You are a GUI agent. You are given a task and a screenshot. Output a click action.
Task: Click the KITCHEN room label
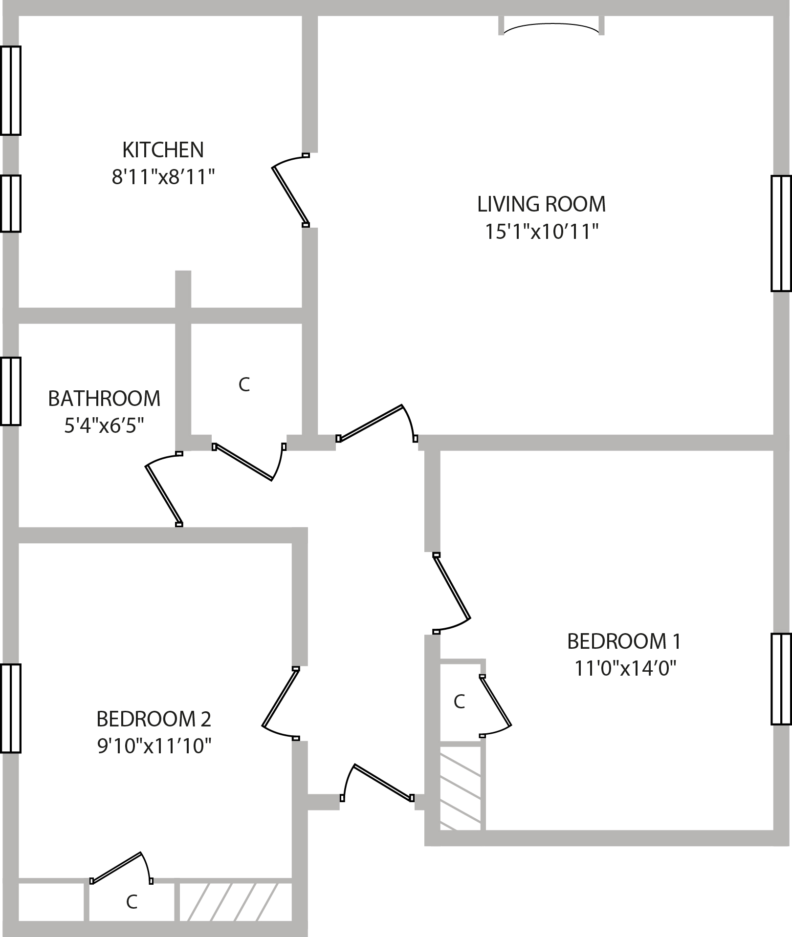coord(163,150)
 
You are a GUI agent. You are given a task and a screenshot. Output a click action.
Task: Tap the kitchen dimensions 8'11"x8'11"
coord(163,177)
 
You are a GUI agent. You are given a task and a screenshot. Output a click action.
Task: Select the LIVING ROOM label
coord(541,204)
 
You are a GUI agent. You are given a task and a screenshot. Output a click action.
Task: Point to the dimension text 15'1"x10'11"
coord(541,232)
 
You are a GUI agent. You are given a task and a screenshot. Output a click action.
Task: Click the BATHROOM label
coord(104,399)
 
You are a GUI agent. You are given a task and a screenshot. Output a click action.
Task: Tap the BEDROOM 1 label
coord(624,641)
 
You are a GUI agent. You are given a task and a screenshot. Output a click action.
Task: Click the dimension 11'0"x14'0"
coord(624,668)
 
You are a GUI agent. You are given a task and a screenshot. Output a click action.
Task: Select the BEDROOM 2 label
coord(154,719)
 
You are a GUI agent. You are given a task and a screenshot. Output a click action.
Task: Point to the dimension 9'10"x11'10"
coord(154,746)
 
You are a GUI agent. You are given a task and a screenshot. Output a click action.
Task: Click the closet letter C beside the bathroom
coord(244,385)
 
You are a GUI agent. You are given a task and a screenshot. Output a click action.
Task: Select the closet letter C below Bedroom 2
coord(131,902)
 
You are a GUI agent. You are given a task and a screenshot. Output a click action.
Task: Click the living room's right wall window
coord(781,234)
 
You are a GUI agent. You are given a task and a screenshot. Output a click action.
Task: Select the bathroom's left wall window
coord(11,391)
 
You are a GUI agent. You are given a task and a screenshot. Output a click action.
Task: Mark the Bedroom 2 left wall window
coord(11,708)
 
